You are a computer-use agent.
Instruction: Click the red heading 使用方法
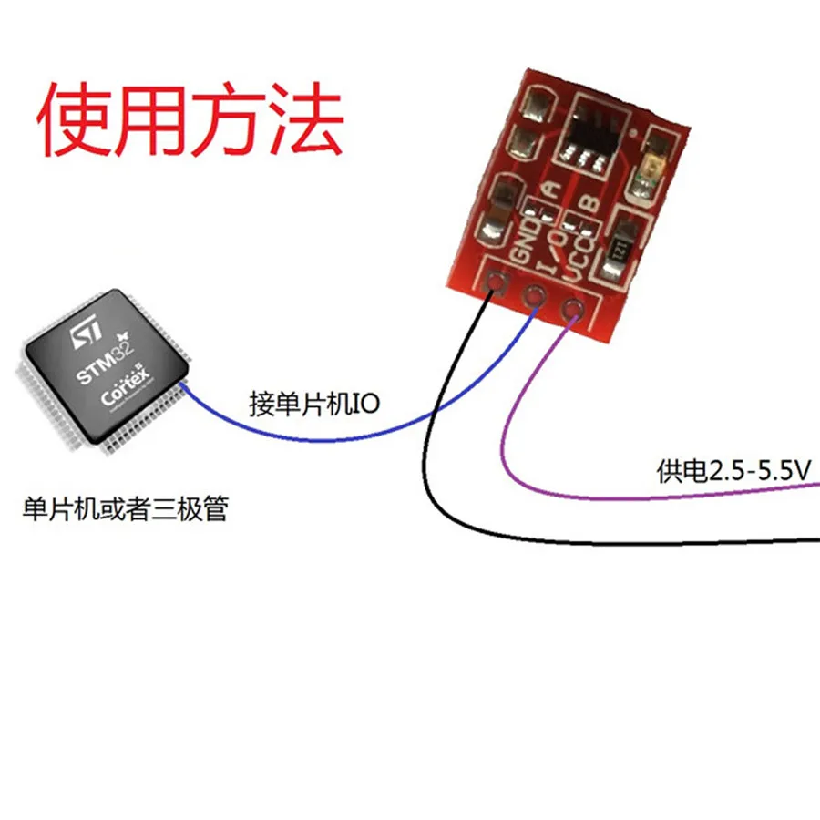tap(190, 121)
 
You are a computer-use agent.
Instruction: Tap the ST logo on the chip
tap(84, 336)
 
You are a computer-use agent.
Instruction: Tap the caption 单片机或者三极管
tap(124, 507)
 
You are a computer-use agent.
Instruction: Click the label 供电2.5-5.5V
tap(733, 471)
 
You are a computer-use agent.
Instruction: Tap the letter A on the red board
tap(550, 190)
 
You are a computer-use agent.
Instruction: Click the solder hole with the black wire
tap(497, 282)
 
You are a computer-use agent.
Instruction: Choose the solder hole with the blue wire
tap(535, 295)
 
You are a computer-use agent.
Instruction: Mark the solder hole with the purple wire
tap(572, 310)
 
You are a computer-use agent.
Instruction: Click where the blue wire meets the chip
tap(184, 386)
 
